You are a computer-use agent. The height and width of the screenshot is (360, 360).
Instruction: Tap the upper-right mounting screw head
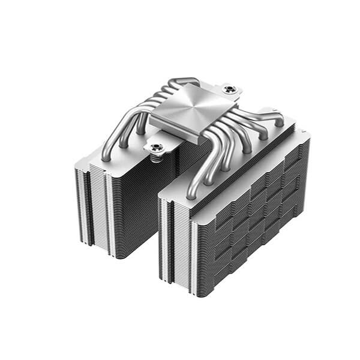pyautogui.click(x=229, y=90)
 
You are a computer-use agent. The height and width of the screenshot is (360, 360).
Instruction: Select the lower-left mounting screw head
pyautogui.click(x=157, y=146)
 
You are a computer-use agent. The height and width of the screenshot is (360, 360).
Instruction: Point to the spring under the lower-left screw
pyautogui.click(x=157, y=157)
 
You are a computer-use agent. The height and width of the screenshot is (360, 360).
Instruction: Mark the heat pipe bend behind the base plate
pyautogui.click(x=180, y=81)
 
